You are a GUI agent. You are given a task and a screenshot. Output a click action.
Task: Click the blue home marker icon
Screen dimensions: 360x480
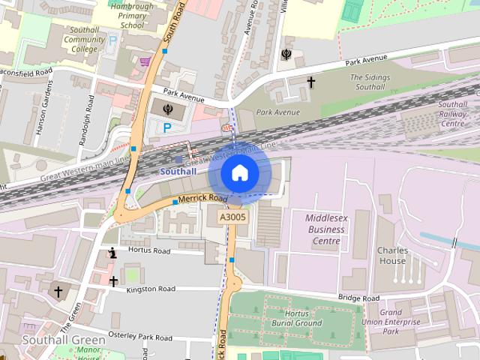click(x=239, y=173)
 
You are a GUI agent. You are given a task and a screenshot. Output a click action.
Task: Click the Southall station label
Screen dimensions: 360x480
click(x=178, y=171)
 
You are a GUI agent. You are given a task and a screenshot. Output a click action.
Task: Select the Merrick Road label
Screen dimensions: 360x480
click(x=202, y=198)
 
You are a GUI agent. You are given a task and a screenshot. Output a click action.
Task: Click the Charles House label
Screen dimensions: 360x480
click(x=391, y=255)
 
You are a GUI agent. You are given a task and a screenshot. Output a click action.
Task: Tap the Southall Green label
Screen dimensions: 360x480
click(x=64, y=340)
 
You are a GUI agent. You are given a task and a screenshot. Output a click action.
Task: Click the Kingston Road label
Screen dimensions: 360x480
click(x=150, y=289)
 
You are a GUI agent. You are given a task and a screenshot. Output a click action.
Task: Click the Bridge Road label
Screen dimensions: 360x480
click(x=358, y=298)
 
